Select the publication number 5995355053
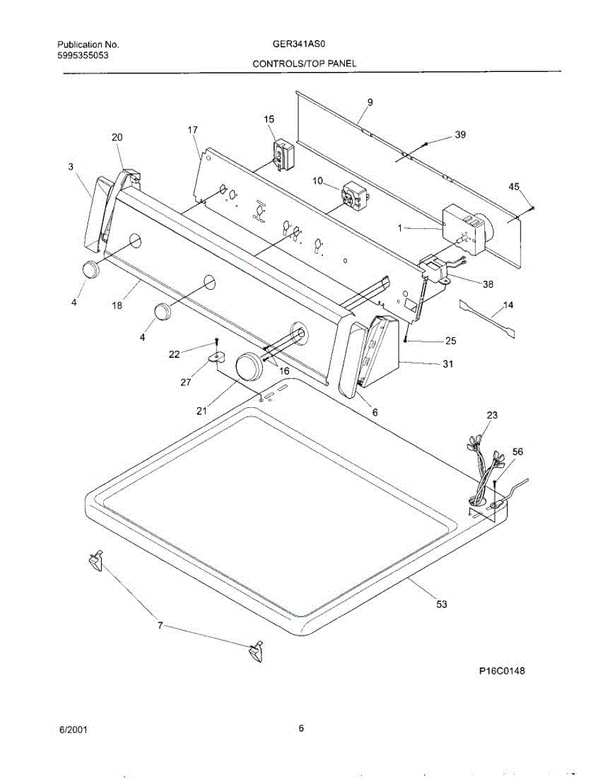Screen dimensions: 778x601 coord(82,56)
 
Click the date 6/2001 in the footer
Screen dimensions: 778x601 coord(73,729)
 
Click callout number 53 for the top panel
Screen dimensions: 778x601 coord(442,604)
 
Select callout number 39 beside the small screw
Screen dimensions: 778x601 coord(460,135)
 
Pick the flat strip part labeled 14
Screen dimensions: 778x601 coord(490,318)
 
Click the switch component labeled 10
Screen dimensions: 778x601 coord(352,195)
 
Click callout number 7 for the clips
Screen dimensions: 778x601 coord(159,626)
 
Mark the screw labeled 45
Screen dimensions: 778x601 coord(531,208)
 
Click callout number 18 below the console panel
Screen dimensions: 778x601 coord(117,305)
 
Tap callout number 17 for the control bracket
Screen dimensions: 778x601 coord(193,130)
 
